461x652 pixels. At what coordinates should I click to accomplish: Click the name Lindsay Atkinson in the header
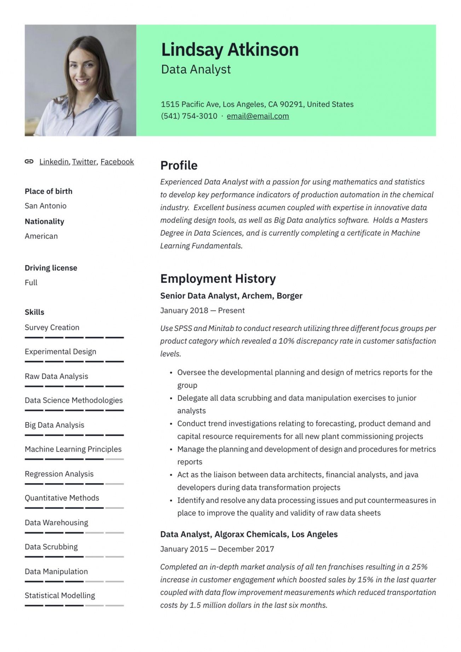click(230, 50)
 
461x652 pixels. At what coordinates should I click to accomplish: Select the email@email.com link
click(258, 116)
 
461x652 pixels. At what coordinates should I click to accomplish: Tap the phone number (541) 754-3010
click(189, 116)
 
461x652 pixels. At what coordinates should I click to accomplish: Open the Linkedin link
click(54, 162)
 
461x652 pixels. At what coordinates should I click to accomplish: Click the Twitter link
click(84, 162)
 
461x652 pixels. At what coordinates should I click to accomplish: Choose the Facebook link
click(117, 162)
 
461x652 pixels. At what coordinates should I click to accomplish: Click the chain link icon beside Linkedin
click(29, 162)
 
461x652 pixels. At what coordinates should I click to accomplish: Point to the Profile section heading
click(179, 165)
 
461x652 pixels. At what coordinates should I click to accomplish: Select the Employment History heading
click(218, 278)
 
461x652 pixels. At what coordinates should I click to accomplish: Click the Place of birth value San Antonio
click(46, 206)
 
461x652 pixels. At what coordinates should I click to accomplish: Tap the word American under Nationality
click(41, 236)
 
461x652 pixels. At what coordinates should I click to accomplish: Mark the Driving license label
click(51, 268)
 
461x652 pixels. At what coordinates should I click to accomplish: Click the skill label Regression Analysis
click(59, 474)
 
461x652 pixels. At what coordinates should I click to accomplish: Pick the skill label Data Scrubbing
click(51, 547)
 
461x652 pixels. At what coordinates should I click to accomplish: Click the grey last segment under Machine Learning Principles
click(115, 459)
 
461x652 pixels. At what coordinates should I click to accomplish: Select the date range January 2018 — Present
click(202, 310)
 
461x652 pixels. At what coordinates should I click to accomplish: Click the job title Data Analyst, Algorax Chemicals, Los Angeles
click(249, 534)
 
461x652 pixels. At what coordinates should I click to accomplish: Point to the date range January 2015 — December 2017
click(217, 549)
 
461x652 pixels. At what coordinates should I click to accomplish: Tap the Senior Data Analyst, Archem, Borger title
click(231, 296)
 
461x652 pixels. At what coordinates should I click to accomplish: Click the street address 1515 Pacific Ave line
click(257, 104)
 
